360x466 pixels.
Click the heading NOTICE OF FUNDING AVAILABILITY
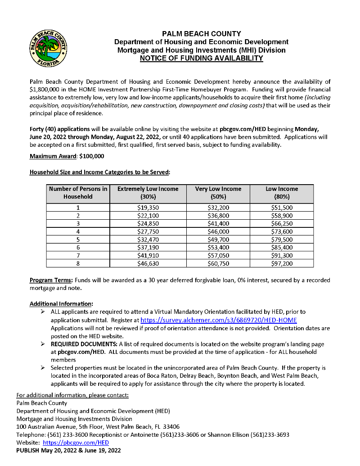point(201,59)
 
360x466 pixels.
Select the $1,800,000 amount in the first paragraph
point(45,90)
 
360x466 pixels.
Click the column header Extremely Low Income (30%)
point(148,193)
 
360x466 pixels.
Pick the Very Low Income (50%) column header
point(218,193)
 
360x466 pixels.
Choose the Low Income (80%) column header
point(282,193)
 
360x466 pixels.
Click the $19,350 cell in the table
point(148,208)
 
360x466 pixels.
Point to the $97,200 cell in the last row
point(282,263)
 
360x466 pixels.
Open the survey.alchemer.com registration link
point(219,320)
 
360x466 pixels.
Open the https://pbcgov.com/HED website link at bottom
point(76,443)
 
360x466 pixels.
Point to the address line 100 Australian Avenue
point(98,427)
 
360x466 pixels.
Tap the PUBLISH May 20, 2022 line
point(68,450)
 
